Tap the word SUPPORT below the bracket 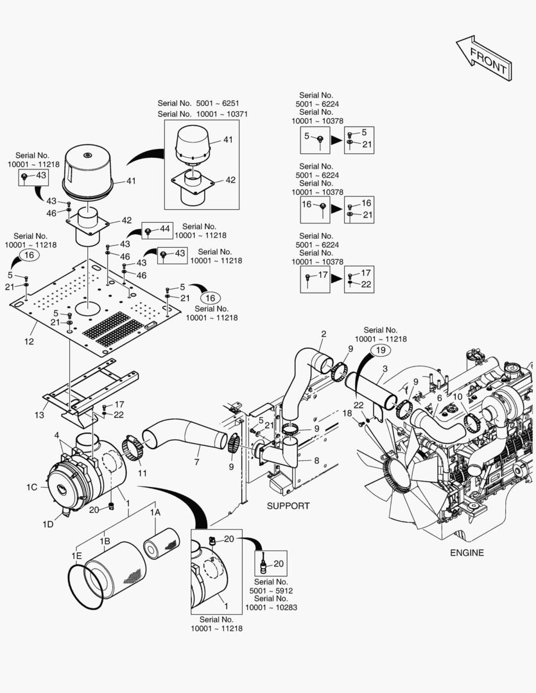pos(288,506)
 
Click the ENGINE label pos(467,552)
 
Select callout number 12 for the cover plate pos(29,341)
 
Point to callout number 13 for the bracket pos(39,415)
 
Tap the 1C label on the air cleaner pos(32,487)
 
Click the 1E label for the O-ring pos(76,554)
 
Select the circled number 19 pos(380,350)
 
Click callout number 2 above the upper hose pos(324,334)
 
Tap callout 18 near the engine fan pos(347,413)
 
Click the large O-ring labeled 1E pos(85,585)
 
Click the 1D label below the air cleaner pos(48,524)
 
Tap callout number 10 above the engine pos(457,397)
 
